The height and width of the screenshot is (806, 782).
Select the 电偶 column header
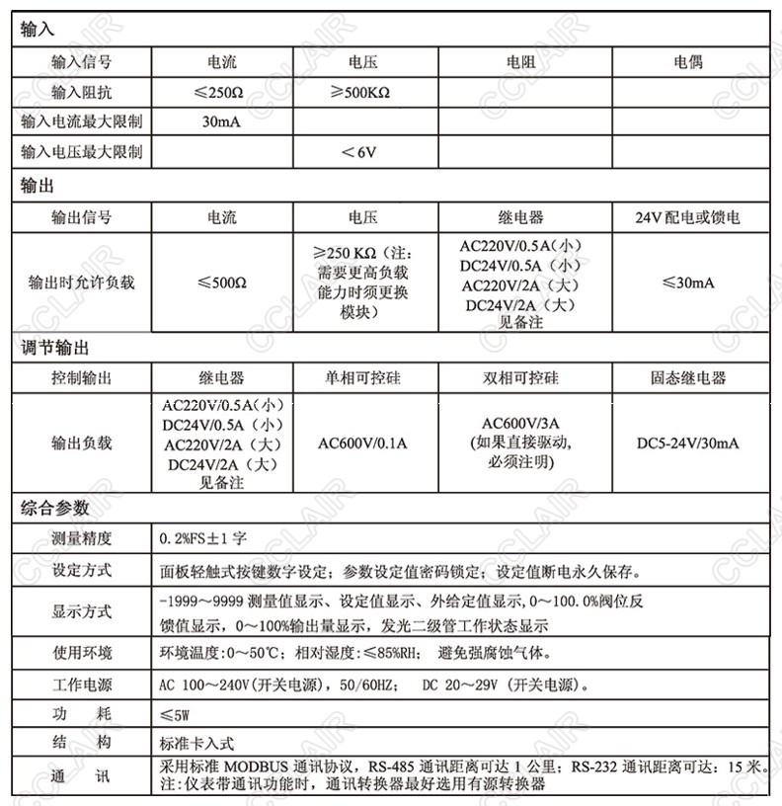(687, 62)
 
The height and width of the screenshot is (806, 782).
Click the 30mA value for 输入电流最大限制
(221, 122)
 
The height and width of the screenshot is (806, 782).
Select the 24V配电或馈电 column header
(687, 217)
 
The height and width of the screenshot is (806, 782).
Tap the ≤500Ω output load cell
(221, 282)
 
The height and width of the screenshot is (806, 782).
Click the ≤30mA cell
(687, 282)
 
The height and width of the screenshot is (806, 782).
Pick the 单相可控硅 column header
(362, 378)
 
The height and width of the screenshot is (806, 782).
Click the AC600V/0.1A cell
(362, 443)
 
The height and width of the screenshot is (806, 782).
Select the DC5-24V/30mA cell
(687, 443)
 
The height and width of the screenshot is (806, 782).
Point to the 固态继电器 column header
(687, 378)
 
